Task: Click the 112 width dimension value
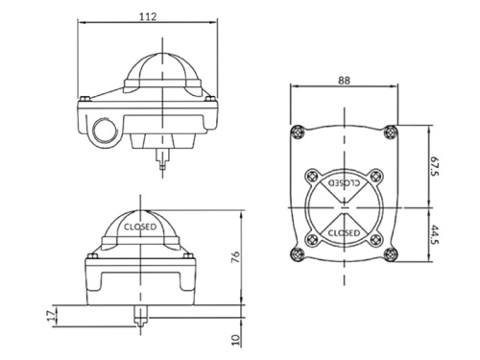tap(148, 16)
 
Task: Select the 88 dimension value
tap(344, 80)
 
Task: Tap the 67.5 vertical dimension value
tap(435, 166)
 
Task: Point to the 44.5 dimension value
tap(435, 234)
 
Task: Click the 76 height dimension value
tap(235, 257)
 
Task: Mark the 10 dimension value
tap(235, 340)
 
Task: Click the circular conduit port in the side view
tap(104, 131)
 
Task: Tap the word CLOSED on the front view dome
tap(140, 227)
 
